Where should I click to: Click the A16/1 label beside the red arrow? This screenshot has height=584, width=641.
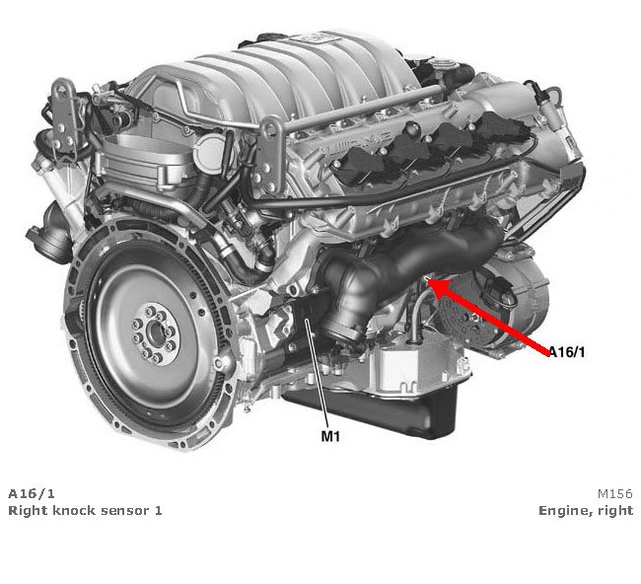tap(573, 351)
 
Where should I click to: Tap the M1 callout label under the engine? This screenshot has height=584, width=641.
tap(329, 434)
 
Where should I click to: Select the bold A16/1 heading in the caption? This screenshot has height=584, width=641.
tap(27, 492)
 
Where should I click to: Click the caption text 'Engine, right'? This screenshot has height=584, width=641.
tap(585, 510)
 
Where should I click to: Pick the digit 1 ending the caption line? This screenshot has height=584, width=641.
tap(158, 510)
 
